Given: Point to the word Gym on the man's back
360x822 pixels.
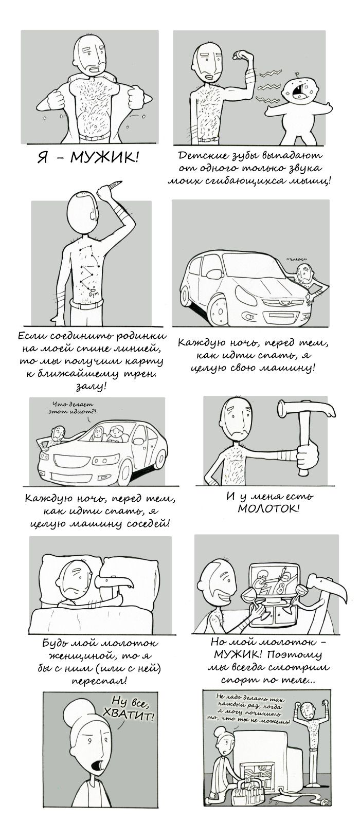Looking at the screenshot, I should tap(93, 295).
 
